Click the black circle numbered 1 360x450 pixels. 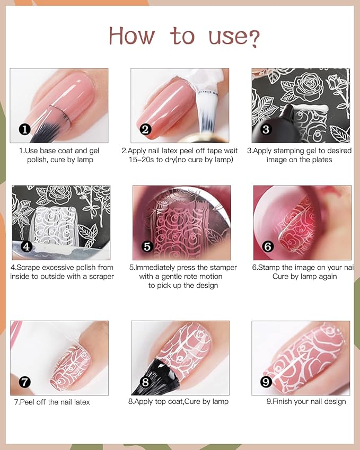pyautogui.click(x=24, y=129)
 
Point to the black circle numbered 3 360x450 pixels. pyautogui.click(x=266, y=129)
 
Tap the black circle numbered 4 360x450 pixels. pyautogui.click(x=27, y=246)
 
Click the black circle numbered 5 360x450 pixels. pyautogui.click(x=148, y=246)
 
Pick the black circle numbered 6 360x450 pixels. pyautogui.click(x=268, y=246)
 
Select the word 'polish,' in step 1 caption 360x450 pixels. pyautogui.click(x=39, y=160)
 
